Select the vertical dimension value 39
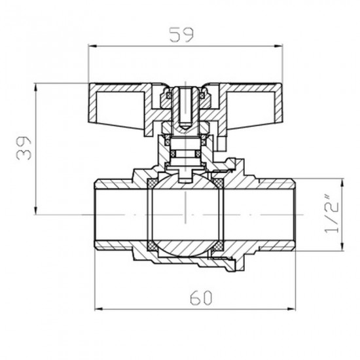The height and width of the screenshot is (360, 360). click(x=26, y=150)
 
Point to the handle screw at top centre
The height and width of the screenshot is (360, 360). click(x=187, y=105)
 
